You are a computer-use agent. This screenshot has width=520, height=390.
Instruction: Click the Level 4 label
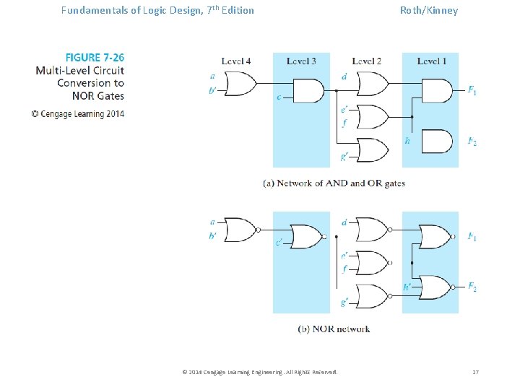236,61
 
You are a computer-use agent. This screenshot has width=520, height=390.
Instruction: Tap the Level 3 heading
301,61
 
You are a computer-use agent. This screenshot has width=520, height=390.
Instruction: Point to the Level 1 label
431,61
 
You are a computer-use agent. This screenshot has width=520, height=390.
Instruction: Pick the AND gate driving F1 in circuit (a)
435,91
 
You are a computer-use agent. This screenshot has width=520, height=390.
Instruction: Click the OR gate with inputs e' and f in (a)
372,116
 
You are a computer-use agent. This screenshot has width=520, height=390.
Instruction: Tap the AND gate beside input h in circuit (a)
435,141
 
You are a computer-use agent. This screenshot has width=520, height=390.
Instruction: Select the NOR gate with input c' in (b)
306,236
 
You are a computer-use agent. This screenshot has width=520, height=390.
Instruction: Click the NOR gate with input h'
435,287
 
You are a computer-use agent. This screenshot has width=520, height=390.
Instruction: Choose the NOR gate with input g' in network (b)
372,295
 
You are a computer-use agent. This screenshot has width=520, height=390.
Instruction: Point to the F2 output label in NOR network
472,287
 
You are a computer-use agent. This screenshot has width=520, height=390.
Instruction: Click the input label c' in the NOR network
278,243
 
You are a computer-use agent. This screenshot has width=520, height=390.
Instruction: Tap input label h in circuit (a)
407,141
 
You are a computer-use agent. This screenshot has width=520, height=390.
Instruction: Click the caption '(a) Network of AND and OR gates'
334,183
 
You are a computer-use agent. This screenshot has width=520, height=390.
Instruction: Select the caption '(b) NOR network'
334,329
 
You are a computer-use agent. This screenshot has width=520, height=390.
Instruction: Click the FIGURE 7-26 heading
95,57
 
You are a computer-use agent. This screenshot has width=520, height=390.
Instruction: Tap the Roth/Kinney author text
429,10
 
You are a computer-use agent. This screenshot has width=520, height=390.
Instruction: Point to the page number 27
475,372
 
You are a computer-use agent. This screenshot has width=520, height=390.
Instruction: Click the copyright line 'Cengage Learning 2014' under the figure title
78,113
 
